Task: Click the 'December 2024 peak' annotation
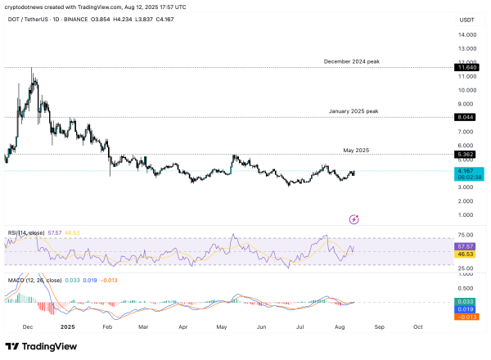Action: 351,61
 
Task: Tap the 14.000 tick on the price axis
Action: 467,34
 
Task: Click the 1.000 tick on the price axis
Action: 467,215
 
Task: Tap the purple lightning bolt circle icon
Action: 354,219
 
